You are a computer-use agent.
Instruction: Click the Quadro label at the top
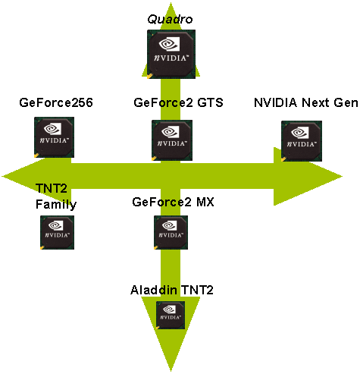click(170, 19)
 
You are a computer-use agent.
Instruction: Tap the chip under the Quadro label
click(171, 54)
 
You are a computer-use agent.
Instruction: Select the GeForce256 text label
click(56, 102)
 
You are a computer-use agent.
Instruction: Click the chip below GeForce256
click(55, 137)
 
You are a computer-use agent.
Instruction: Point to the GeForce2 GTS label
click(178, 102)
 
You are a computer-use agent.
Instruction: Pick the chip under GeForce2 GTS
click(172, 140)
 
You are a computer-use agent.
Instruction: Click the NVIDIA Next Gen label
click(306, 102)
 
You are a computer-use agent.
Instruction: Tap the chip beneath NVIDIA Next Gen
click(302, 141)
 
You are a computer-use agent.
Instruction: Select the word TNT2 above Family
click(52, 188)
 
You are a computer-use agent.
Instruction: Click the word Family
click(56, 205)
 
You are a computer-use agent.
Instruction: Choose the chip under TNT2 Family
click(58, 232)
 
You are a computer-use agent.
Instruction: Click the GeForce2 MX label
click(173, 202)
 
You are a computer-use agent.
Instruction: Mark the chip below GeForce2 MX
click(171, 232)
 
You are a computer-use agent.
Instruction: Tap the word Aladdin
click(154, 290)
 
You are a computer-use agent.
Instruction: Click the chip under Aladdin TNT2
click(171, 315)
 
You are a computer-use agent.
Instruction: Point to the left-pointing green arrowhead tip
click(2, 176)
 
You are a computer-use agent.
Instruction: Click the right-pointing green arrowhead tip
click(343, 176)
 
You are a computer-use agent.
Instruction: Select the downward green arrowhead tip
click(171, 371)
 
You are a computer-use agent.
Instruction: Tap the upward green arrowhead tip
click(171, 2)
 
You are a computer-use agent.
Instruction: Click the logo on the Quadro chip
click(169, 44)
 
